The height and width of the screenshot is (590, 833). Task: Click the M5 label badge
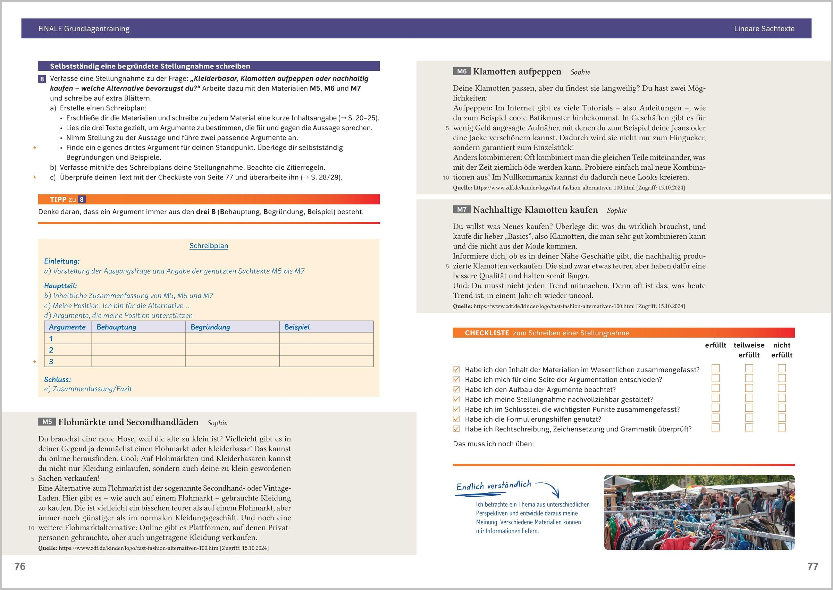[x=47, y=422]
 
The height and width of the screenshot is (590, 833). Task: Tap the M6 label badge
[x=461, y=71]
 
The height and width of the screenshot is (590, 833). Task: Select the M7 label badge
[x=461, y=210]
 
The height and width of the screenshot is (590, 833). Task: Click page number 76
[x=20, y=566]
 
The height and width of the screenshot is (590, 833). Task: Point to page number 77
[x=813, y=566]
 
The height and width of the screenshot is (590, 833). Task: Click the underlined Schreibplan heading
[x=209, y=246]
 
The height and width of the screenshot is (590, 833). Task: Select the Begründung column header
[x=210, y=327]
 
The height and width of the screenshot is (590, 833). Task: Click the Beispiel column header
[x=297, y=327]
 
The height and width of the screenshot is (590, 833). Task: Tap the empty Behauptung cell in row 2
[x=138, y=350]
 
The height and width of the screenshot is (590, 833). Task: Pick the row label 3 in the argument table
[x=51, y=362]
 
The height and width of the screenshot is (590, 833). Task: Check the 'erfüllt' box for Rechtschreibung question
[x=716, y=428]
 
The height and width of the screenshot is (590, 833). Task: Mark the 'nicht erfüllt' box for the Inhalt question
[x=782, y=368]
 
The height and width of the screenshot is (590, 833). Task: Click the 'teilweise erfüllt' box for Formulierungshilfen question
[x=749, y=418]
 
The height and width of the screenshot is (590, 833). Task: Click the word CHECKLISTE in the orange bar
[x=487, y=333]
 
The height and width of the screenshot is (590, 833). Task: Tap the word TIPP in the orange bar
[x=58, y=200]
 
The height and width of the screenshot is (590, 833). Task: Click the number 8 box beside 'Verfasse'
[x=42, y=79]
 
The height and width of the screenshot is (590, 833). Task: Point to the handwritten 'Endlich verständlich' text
[x=494, y=486]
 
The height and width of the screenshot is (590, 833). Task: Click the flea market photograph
[x=699, y=512]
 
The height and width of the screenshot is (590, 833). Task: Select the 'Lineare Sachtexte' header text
[x=764, y=29]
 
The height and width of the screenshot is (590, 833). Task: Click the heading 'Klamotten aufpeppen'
[x=517, y=71]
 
